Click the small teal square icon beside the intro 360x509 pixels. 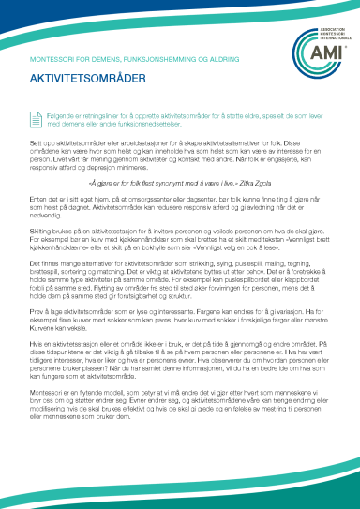pos(37,115)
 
